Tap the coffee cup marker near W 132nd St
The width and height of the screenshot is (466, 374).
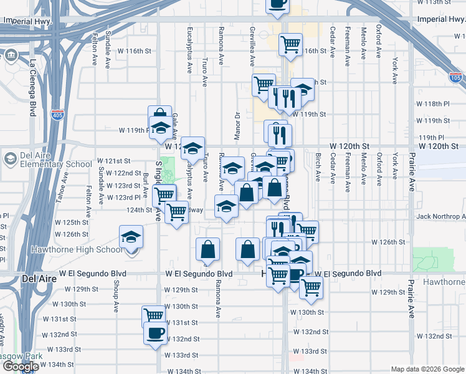pos(155,332)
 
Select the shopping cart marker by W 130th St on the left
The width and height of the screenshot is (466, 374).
pos(153,315)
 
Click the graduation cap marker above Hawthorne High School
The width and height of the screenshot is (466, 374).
pos(131,236)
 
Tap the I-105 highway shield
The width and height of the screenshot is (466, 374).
pos(455,78)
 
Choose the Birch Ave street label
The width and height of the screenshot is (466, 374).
pos(318,166)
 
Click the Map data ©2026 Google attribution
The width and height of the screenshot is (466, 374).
pos(427,369)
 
